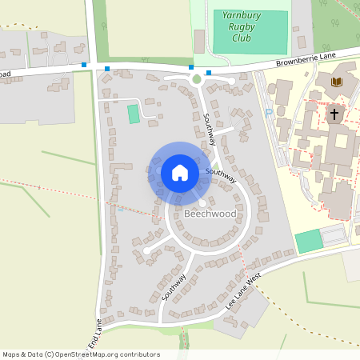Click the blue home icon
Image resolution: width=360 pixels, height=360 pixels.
[180, 173]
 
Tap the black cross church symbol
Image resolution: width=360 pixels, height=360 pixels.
[334, 114]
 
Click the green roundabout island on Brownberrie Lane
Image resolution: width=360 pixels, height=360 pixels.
[197, 79]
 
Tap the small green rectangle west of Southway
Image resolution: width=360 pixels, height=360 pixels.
[133, 114]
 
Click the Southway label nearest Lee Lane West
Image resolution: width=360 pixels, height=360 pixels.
[174, 286]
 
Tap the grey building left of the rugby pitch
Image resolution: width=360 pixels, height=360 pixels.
[199, 41]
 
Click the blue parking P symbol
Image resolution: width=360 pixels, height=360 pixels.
[268, 112]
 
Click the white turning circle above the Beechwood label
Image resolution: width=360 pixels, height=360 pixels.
[202, 203]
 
